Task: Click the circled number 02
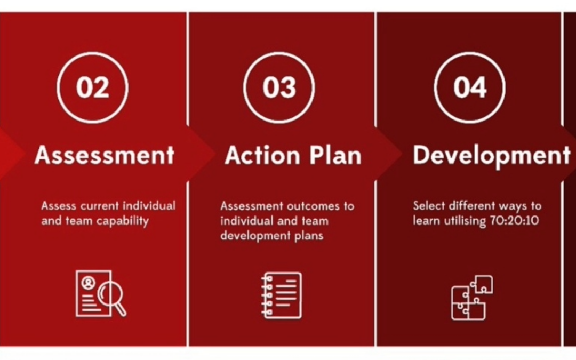93,87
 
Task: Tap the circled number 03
279,87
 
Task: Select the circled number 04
470,87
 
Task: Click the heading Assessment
105,155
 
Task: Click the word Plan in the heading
335,155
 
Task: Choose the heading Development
492,156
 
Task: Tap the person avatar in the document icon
89,283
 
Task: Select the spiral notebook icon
282,295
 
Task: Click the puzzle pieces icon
472,298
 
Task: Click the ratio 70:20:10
514,220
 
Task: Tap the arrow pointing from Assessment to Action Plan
201,154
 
